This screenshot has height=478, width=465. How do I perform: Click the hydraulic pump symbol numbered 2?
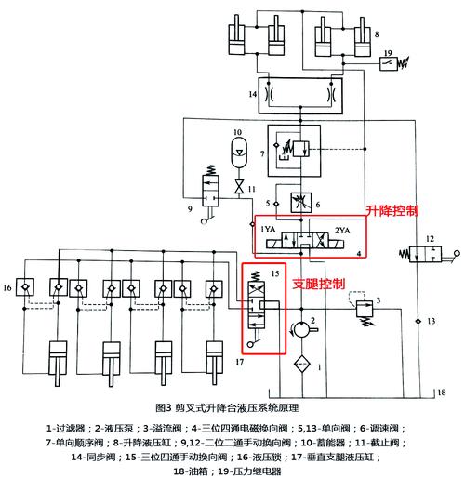point(301,329)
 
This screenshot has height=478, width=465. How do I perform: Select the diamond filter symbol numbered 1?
point(302,364)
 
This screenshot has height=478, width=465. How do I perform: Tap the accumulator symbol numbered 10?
point(239,153)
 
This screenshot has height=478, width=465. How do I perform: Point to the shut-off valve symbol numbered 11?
point(239,186)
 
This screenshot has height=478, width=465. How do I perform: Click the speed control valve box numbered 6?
point(301,203)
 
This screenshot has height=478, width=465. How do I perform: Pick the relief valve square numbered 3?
point(365,309)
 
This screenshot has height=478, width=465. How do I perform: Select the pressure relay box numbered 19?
point(389,64)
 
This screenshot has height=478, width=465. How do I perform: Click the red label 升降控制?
point(392,211)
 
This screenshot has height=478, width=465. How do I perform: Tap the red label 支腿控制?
point(319,284)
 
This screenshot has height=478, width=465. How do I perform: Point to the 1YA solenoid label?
point(268,229)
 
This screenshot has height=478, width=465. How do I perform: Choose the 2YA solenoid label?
point(342,231)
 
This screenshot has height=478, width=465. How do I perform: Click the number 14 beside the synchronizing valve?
point(253,94)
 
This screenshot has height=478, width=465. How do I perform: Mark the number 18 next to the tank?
point(442,392)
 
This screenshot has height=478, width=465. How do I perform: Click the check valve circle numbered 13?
point(418,321)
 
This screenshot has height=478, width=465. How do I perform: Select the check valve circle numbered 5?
point(276,204)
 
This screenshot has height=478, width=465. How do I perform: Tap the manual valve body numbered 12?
point(425,255)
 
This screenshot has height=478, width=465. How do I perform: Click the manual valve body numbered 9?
point(210,191)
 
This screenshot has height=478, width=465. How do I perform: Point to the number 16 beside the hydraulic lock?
point(7,287)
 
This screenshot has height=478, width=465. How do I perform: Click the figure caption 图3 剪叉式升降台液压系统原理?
point(227,407)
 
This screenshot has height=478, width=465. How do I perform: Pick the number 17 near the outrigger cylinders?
point(240,362)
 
